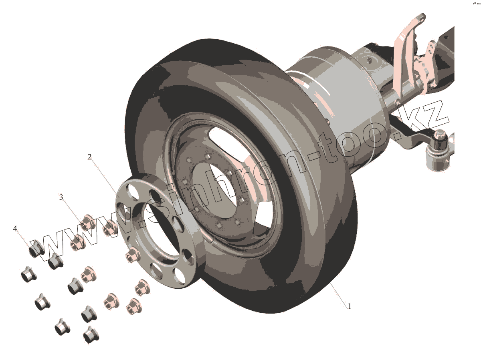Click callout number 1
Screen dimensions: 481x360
point(350,306)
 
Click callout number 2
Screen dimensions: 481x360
point(89,157)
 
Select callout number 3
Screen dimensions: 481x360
point(61,197)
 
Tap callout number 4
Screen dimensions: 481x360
point(15,229)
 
